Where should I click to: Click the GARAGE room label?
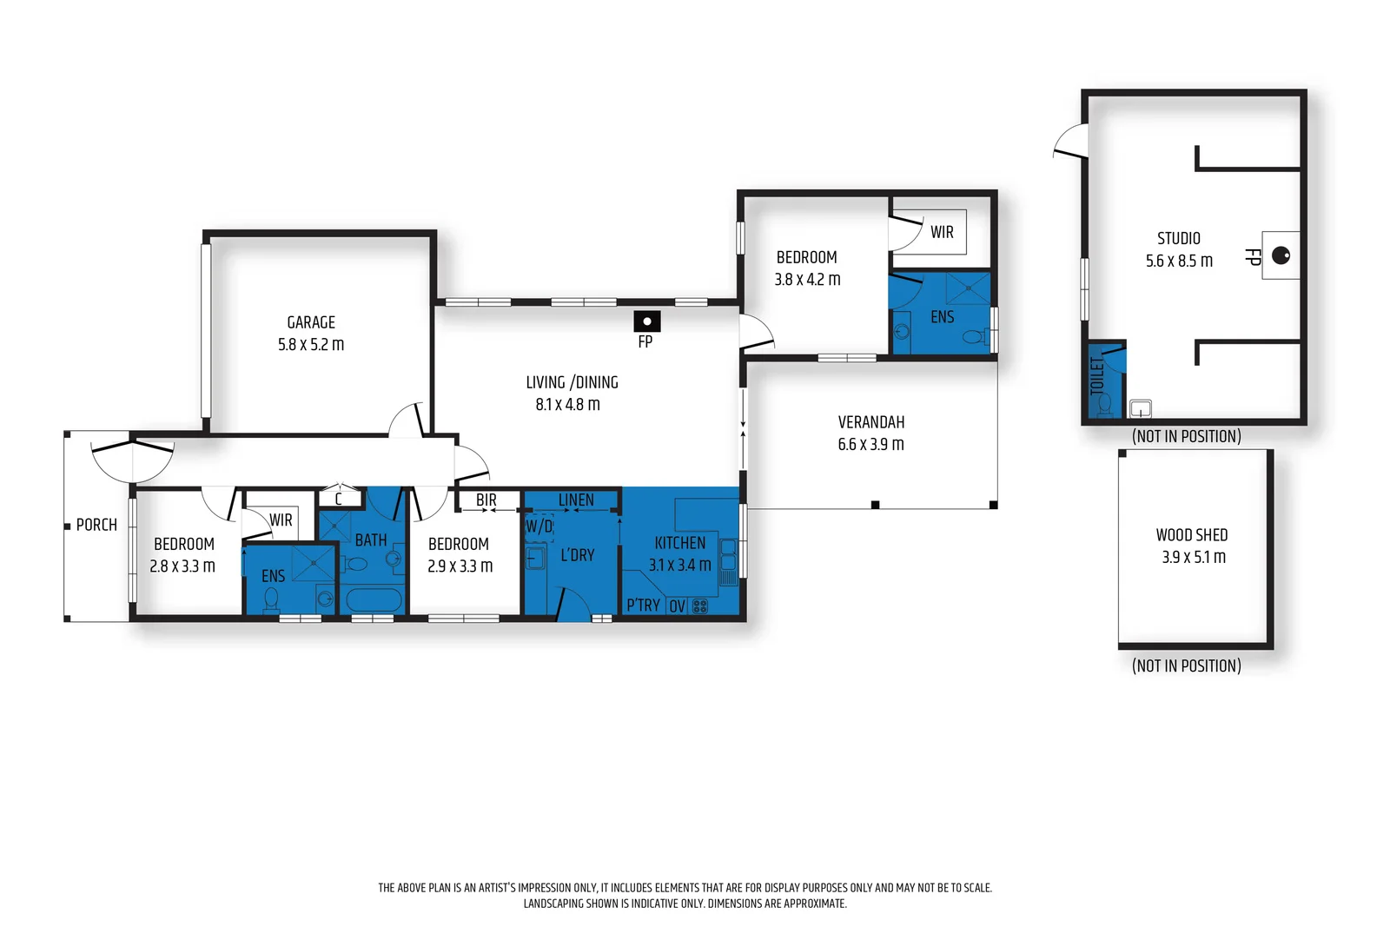tap(311, 322)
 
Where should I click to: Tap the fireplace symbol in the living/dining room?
tap(646, 321)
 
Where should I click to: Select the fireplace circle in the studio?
tap(1281, 255)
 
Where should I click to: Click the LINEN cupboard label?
tap(576, 500)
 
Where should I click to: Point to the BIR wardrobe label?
tap(486, 500)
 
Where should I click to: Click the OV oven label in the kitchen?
tap(677, 606)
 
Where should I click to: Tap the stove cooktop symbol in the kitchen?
tap(700, 606)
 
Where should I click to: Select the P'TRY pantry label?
tap(644, 605)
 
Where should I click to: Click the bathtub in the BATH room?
tap(374, 600)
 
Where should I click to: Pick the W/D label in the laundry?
tap(539, 526)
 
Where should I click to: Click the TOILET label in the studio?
tap(1097, 375)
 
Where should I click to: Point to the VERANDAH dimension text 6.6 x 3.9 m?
tap(870, 444)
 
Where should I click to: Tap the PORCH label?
tap(96, 525)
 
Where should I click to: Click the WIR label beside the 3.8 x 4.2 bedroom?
tap(942, 232)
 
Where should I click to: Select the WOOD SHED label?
tap(1191, 535)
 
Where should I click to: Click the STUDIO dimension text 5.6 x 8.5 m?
tap(1179, 261)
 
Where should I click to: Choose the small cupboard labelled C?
tap(339, 498)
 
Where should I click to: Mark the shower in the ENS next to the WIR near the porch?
tap(314, 563)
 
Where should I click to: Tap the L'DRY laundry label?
tap(578, 554)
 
